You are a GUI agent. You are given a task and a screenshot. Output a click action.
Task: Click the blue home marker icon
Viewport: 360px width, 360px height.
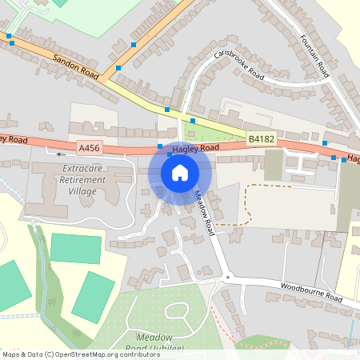click(x=180, y=172)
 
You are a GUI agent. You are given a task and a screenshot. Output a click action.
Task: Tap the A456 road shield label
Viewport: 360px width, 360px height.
click(x=89, y=148)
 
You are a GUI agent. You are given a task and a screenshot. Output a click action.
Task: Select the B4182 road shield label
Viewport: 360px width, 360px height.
click(x=260, y=138)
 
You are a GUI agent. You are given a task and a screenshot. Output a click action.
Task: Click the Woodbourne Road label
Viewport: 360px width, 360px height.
click(x=311, y=293)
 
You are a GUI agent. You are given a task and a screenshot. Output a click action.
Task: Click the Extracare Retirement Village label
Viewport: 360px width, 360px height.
click(x=83, y=180)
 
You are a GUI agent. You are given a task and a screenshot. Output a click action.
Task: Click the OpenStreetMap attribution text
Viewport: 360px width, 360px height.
click(x=81, y=354)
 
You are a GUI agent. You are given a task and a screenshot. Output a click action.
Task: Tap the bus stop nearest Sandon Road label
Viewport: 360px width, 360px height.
click(x=119, y=69)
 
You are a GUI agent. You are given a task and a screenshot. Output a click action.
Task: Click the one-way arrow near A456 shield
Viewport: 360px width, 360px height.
click(x=58, y=151)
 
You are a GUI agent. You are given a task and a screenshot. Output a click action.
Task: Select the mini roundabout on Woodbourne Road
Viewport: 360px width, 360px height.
click(x=227, y=278)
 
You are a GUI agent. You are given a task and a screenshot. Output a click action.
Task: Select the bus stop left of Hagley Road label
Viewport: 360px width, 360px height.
click(x=161, y=146)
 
